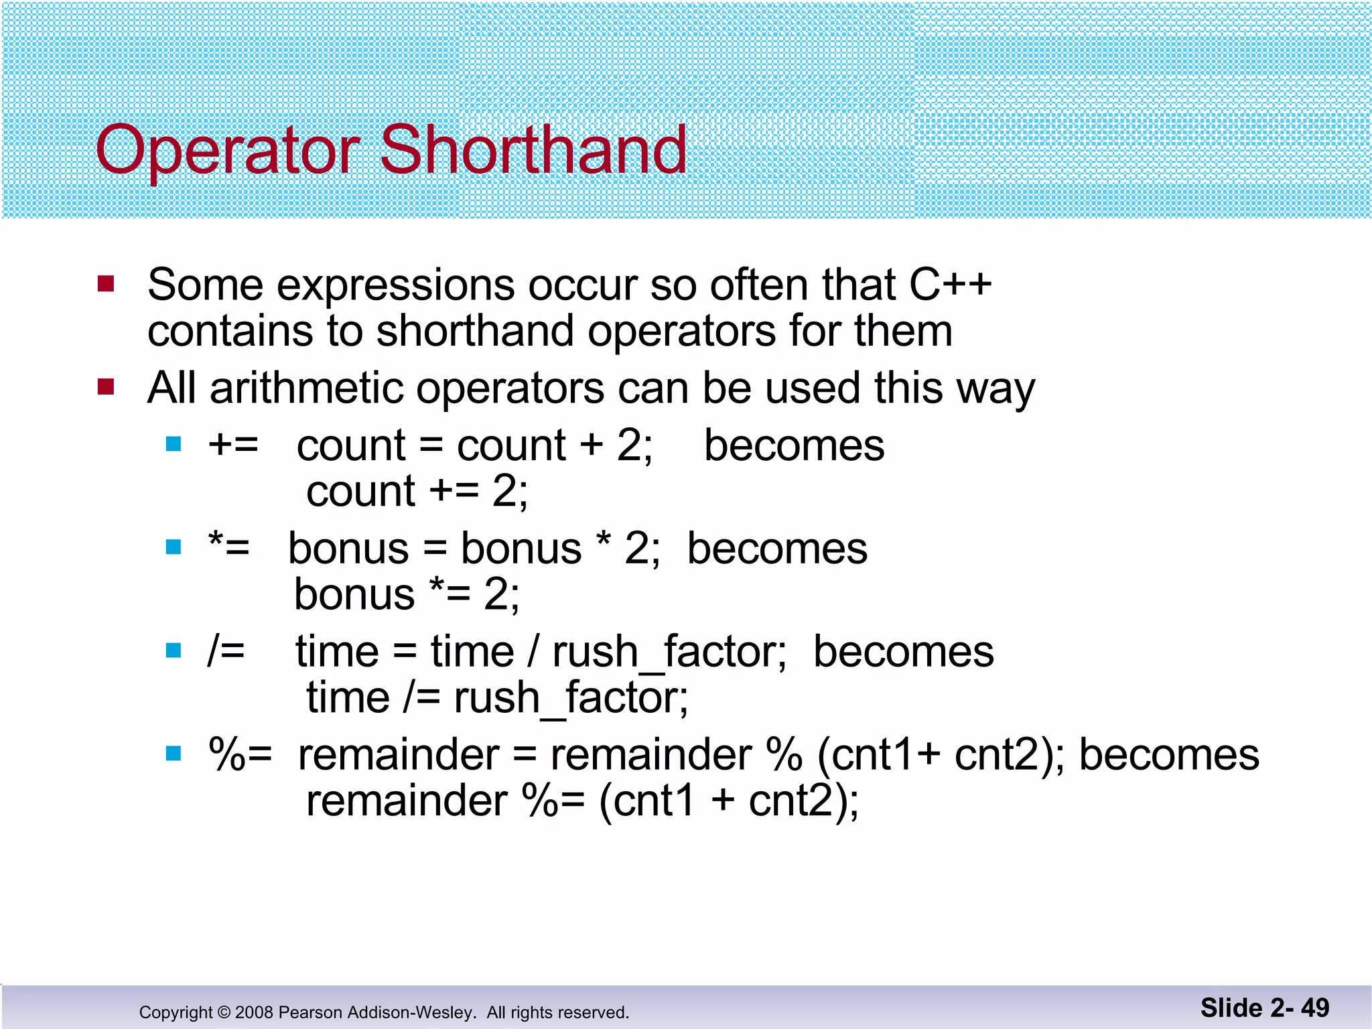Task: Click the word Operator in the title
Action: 228,151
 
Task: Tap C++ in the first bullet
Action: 950,285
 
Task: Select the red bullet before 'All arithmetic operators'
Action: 106,387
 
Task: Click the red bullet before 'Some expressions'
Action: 106,284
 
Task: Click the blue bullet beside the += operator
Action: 174,444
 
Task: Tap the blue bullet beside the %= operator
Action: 174,754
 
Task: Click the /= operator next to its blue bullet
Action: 226,650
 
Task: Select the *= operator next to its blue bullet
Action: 228,547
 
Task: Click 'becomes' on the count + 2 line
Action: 794,445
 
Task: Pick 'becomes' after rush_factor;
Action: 903,651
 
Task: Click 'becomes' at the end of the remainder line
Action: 1168,754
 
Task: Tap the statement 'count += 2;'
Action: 417,491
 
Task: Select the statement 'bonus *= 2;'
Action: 407,594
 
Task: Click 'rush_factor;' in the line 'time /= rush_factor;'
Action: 571,698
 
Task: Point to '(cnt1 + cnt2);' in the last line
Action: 729,801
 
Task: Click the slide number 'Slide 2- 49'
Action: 1264,1008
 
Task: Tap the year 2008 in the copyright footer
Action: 254,1012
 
